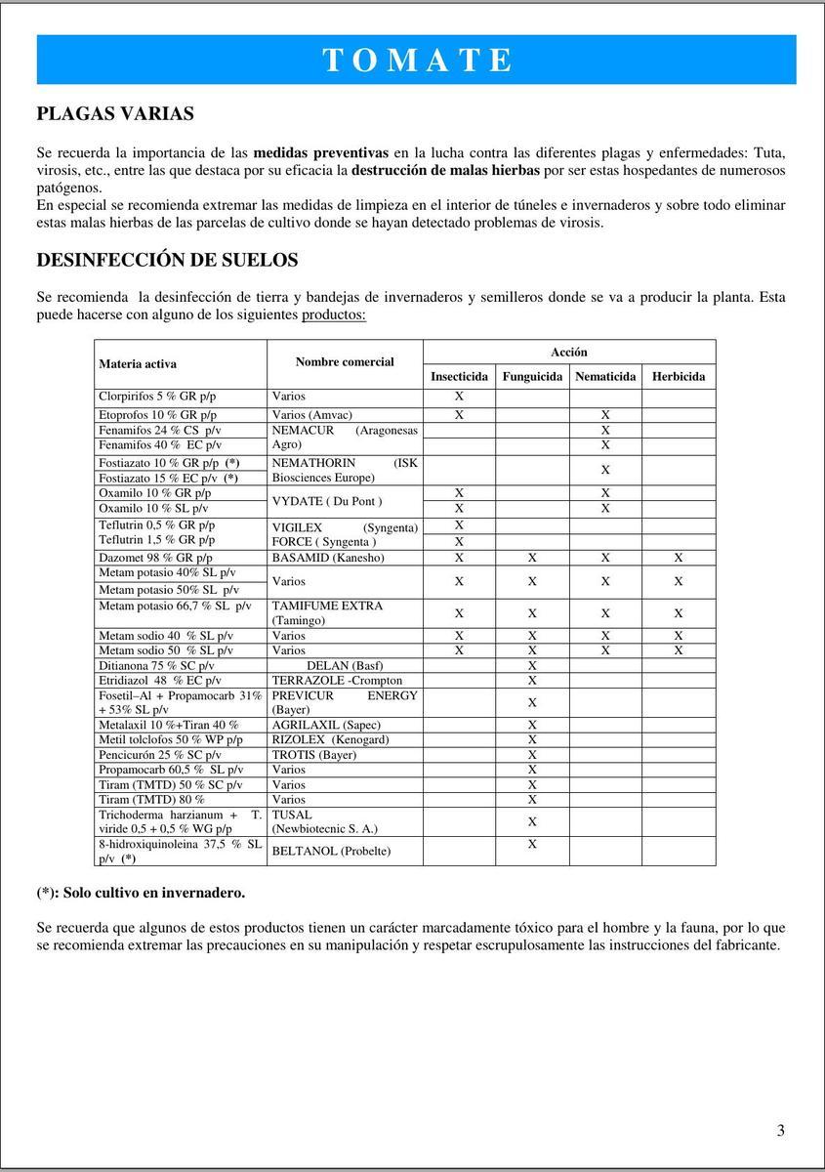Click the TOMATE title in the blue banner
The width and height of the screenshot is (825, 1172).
(417, 60)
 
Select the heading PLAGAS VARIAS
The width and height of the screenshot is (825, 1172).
(115, 113)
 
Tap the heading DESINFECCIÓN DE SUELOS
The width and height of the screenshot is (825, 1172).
(167, 260)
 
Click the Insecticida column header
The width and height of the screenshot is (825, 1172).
(459, 376)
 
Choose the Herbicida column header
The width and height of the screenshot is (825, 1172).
(679, 376)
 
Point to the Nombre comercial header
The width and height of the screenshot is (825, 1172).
(345, 361)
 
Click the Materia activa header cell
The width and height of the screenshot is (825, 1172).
(138, 363)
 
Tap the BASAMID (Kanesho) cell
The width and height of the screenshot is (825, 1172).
(328, 558)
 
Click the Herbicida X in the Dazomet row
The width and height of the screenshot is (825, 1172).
(679, 558)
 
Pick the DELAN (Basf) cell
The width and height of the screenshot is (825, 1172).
(345, 665)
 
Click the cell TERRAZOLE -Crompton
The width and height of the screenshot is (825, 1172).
(337, 680)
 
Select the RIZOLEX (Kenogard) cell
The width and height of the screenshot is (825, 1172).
(330, 739)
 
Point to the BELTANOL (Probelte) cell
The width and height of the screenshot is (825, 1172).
(331, 851)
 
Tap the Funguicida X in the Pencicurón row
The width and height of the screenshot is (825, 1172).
(532, 755)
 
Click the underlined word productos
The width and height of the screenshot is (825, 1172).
(334, 315)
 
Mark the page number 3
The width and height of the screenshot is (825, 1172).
(781, 1131)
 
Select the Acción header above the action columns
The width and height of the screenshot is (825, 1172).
(568, 352)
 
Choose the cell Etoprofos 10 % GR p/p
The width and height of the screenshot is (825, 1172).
(158, 415)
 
